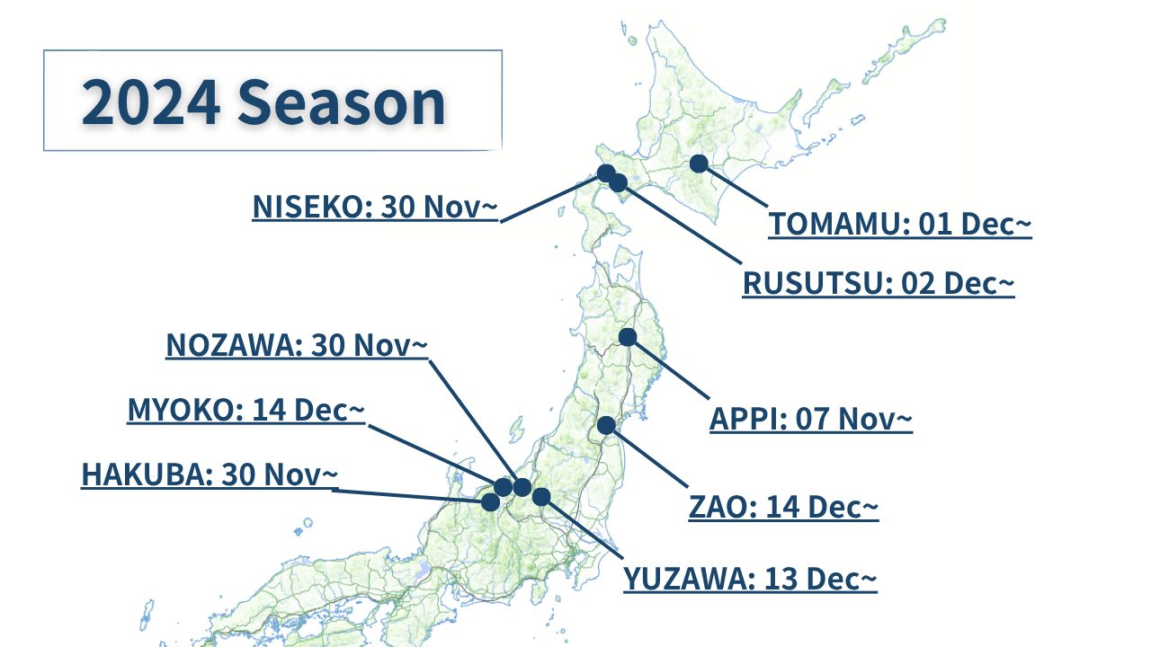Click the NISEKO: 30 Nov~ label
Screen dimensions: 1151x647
375,207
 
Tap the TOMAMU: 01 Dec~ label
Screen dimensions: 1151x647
900,225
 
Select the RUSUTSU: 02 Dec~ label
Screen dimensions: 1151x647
879,283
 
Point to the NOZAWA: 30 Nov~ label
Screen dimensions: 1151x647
297,345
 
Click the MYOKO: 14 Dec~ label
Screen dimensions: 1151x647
246,410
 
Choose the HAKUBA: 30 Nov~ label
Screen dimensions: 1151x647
210,474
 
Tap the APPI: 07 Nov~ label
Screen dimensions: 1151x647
811,419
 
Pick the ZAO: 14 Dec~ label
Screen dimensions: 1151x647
783,508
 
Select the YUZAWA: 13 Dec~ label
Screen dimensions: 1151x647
750,580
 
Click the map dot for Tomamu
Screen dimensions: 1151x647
699,164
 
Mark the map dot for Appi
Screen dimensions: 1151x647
628,337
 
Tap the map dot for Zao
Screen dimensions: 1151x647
606,425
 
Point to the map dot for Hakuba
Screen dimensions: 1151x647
490,502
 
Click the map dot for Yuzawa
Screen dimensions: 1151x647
541,497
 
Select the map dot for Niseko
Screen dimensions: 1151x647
606,173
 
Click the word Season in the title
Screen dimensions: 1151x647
341,102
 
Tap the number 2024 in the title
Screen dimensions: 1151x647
150,102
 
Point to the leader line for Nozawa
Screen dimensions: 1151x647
474,422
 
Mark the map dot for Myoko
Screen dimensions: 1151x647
503,487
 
